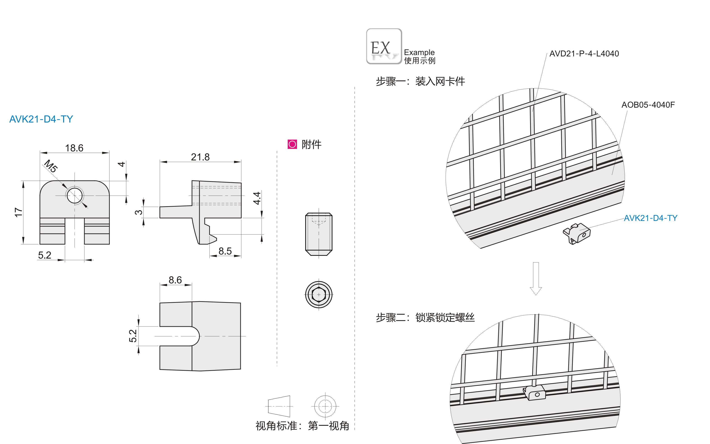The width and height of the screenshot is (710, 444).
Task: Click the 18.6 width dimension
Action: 74,148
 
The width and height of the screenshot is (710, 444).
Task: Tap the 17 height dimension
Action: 18,212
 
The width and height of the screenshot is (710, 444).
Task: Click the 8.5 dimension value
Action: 225,251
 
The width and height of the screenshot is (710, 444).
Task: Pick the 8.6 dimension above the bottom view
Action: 175,280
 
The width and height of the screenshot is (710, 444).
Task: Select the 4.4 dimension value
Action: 257,198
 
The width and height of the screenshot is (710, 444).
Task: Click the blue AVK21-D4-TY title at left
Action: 41,119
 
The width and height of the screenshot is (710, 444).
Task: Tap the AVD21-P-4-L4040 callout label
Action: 584,54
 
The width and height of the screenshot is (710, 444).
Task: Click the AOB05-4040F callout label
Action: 648,105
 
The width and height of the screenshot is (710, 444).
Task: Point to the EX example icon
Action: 384,46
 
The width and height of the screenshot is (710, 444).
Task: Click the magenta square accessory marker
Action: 292,144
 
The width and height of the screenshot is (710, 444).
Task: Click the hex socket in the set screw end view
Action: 319,294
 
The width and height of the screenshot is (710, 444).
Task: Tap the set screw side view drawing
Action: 319,234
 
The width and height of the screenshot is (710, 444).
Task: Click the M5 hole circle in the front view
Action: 75,196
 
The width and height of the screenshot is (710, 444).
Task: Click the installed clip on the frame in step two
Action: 535,393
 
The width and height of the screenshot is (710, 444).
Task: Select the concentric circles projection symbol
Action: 325,406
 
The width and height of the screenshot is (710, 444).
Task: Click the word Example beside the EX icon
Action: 419,52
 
